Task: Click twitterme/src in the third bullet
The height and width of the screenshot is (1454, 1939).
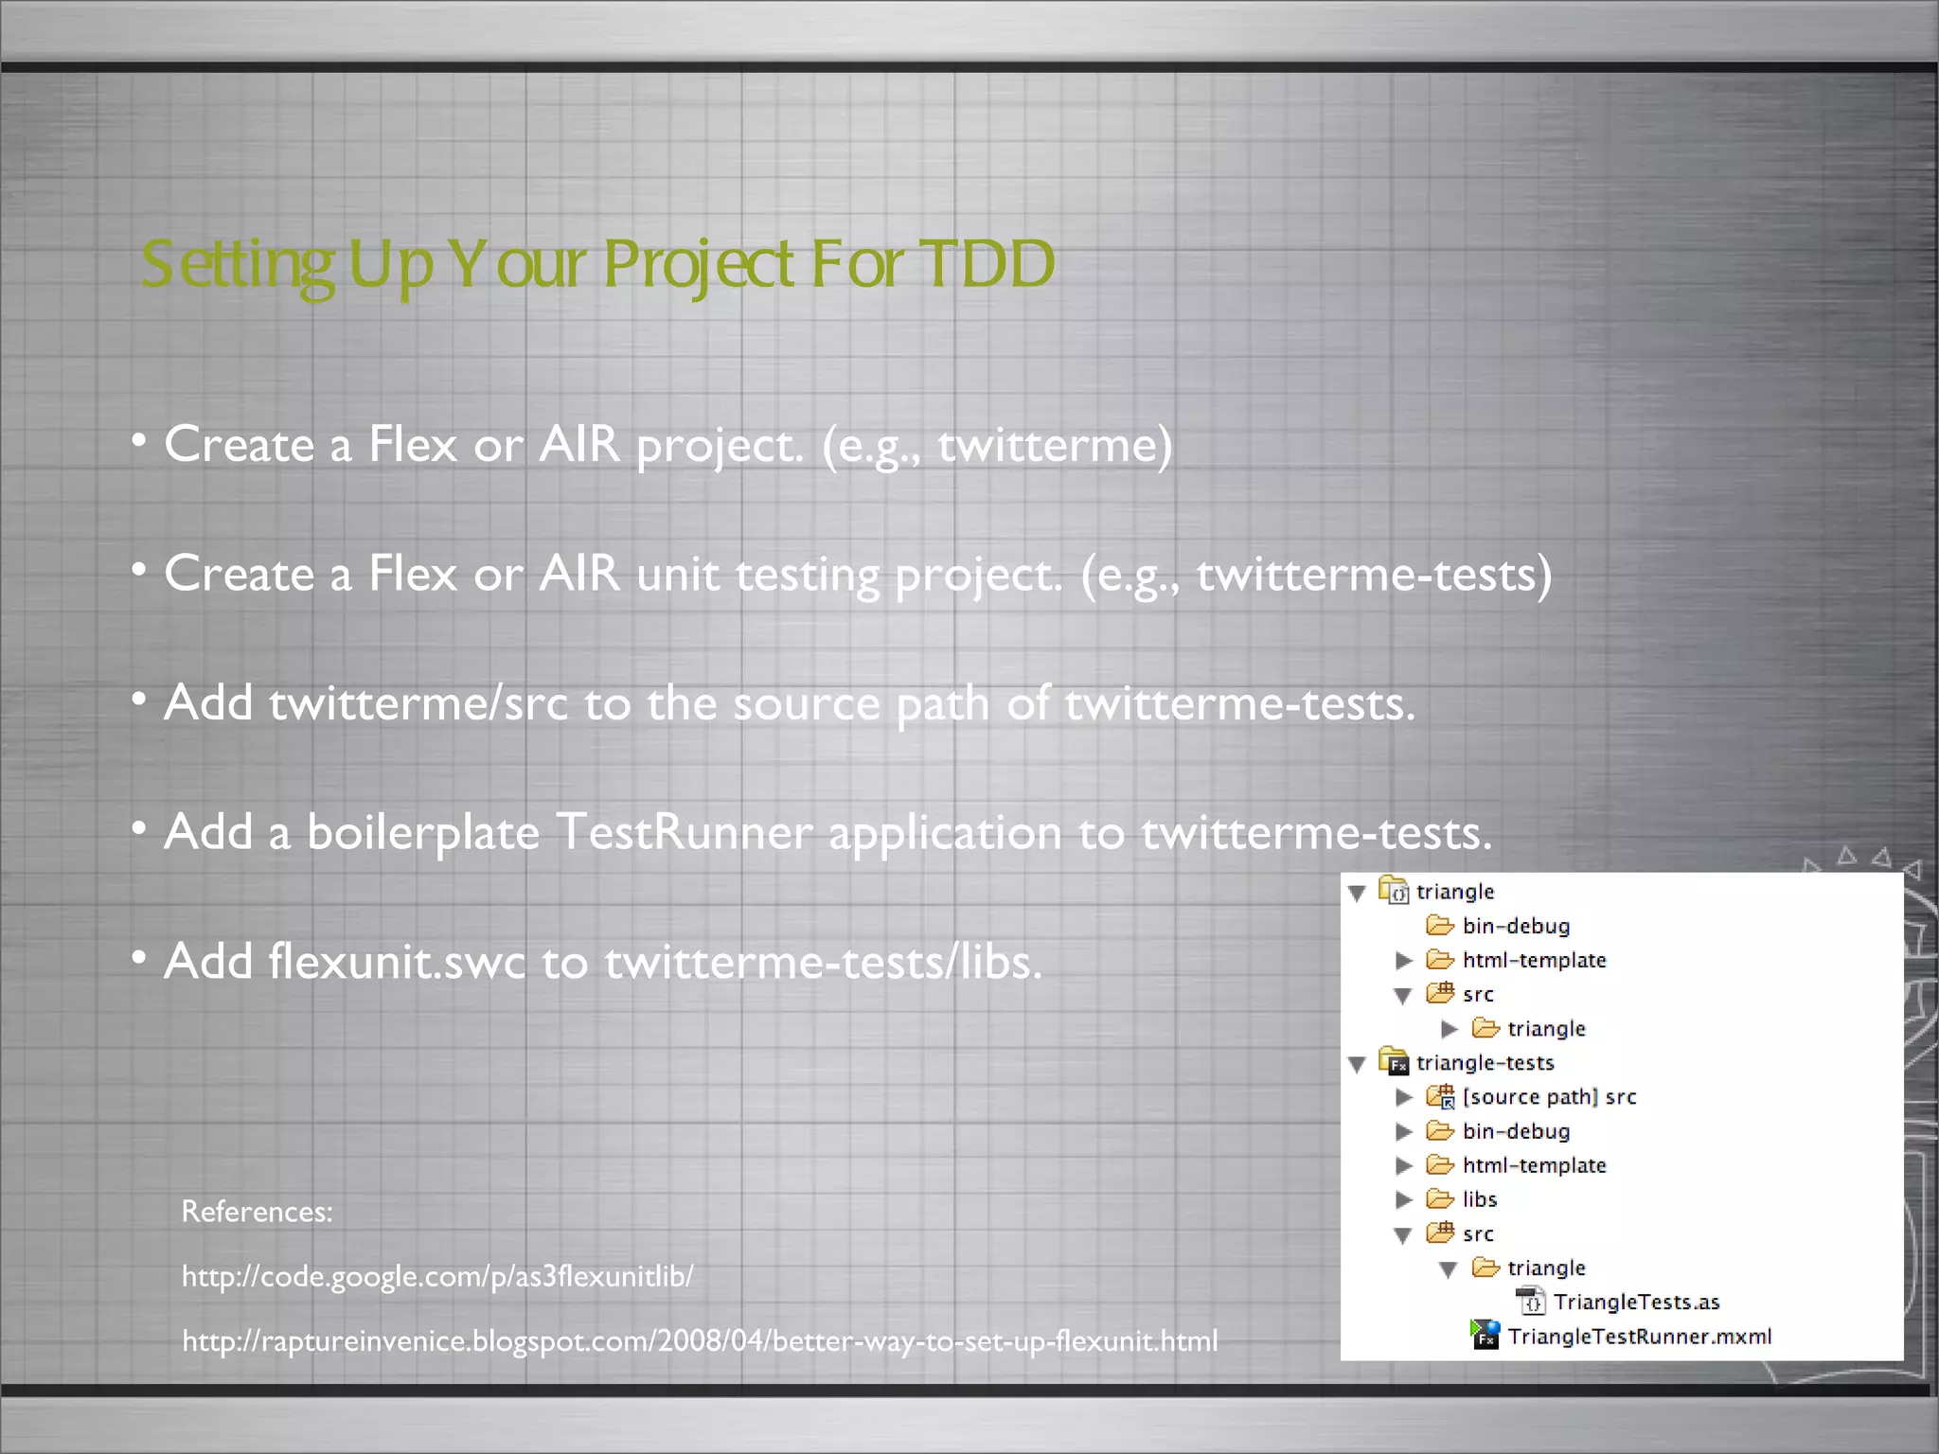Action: pos(418,703)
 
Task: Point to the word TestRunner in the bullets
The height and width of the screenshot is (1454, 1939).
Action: pos(684,833)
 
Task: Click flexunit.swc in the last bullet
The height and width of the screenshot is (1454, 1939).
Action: pos(396,962)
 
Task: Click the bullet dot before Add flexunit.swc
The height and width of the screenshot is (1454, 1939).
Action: pos(139,959)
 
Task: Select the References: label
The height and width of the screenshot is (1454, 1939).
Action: pos(257,1212)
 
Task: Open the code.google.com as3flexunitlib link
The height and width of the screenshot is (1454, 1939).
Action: pos(437,1276)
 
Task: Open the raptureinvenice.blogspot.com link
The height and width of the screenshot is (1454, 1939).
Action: pos(700,1340)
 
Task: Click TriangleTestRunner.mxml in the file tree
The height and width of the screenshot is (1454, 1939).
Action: pos(1639,1336)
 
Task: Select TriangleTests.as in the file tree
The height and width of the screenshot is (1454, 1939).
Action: pos(1636,1302)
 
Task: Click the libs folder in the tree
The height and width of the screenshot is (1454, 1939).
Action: pos(1479,1199)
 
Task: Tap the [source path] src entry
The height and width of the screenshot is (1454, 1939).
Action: pos(1549,1096)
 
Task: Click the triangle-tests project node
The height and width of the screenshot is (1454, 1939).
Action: pos(1485,1062)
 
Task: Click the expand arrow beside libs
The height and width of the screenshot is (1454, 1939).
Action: pos(1404,1199)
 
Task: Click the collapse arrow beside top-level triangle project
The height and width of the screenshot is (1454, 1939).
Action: pos(1357,893)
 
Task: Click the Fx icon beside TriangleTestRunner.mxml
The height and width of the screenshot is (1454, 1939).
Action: pos(1485,1335)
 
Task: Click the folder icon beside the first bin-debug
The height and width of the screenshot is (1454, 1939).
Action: pos(1439,925)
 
